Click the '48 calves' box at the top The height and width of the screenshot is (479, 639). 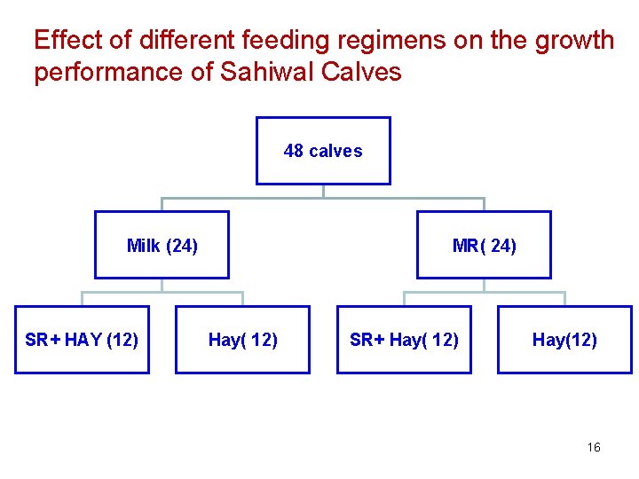tap(323, 151)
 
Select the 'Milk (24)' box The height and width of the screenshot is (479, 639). tap(162, 245)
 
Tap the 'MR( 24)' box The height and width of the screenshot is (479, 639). tap(484, 245)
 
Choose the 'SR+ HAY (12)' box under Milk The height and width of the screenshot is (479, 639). tap(82, 340)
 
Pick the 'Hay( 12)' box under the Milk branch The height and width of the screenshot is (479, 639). tap(242, 340)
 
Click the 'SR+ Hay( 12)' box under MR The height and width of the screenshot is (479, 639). tap(404, 340)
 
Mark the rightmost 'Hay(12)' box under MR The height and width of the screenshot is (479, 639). tap(564, 340)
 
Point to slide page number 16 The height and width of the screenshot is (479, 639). tap(594, 447)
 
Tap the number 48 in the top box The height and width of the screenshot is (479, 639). tap(294, 151)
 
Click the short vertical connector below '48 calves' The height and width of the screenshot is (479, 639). tap(323, 191)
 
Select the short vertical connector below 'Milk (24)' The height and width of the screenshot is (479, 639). tap(162, 285)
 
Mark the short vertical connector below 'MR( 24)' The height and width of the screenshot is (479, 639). tap(484, 285)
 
